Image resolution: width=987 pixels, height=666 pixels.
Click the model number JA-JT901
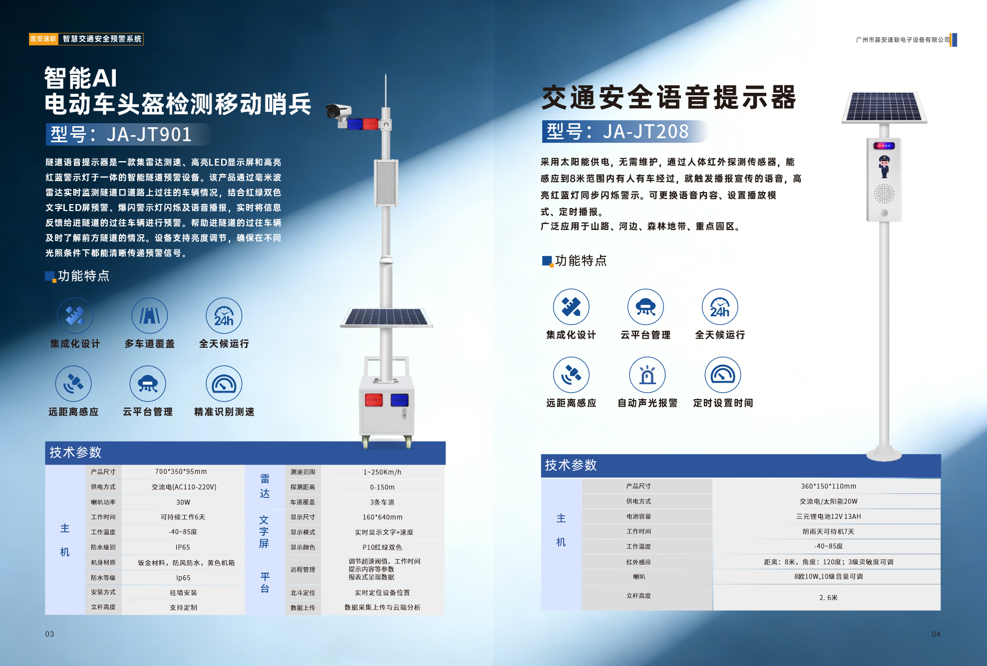(x=149, y=134)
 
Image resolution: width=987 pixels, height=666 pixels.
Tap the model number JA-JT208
(x=646, y=132)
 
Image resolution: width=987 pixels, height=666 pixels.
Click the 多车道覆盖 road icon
(x=149, y=315)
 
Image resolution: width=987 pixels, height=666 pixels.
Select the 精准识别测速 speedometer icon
(x=224, y=384)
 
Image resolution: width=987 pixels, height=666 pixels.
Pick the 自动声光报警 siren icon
(x=648, y=375)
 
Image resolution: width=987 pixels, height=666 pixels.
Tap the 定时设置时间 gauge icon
(x=722, y=375)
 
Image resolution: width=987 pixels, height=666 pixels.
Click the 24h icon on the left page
(x=224, y=315)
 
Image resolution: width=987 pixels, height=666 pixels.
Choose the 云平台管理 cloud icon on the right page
(x=646, y=307)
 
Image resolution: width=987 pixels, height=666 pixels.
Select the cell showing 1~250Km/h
(x=382, y=472)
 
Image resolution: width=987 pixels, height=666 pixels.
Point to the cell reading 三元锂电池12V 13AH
(x=829, y=516)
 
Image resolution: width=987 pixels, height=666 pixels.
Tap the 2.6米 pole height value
(x=829, y=598)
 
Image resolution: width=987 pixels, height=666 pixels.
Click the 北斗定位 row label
(x=303, y=593)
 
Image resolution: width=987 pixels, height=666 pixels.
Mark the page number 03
(x=49, y=634)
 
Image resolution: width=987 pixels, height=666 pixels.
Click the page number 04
(x=936, y=634)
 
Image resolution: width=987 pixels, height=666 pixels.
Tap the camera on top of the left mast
(x=338, y=111)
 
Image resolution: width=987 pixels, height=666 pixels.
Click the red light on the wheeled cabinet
(x=373, y=400)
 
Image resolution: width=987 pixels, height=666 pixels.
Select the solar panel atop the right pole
(x=884, y=107)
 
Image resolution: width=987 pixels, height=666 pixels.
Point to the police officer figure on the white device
(x=884, y=166)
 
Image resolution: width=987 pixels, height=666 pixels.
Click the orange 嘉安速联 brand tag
(x=43, y=39)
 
